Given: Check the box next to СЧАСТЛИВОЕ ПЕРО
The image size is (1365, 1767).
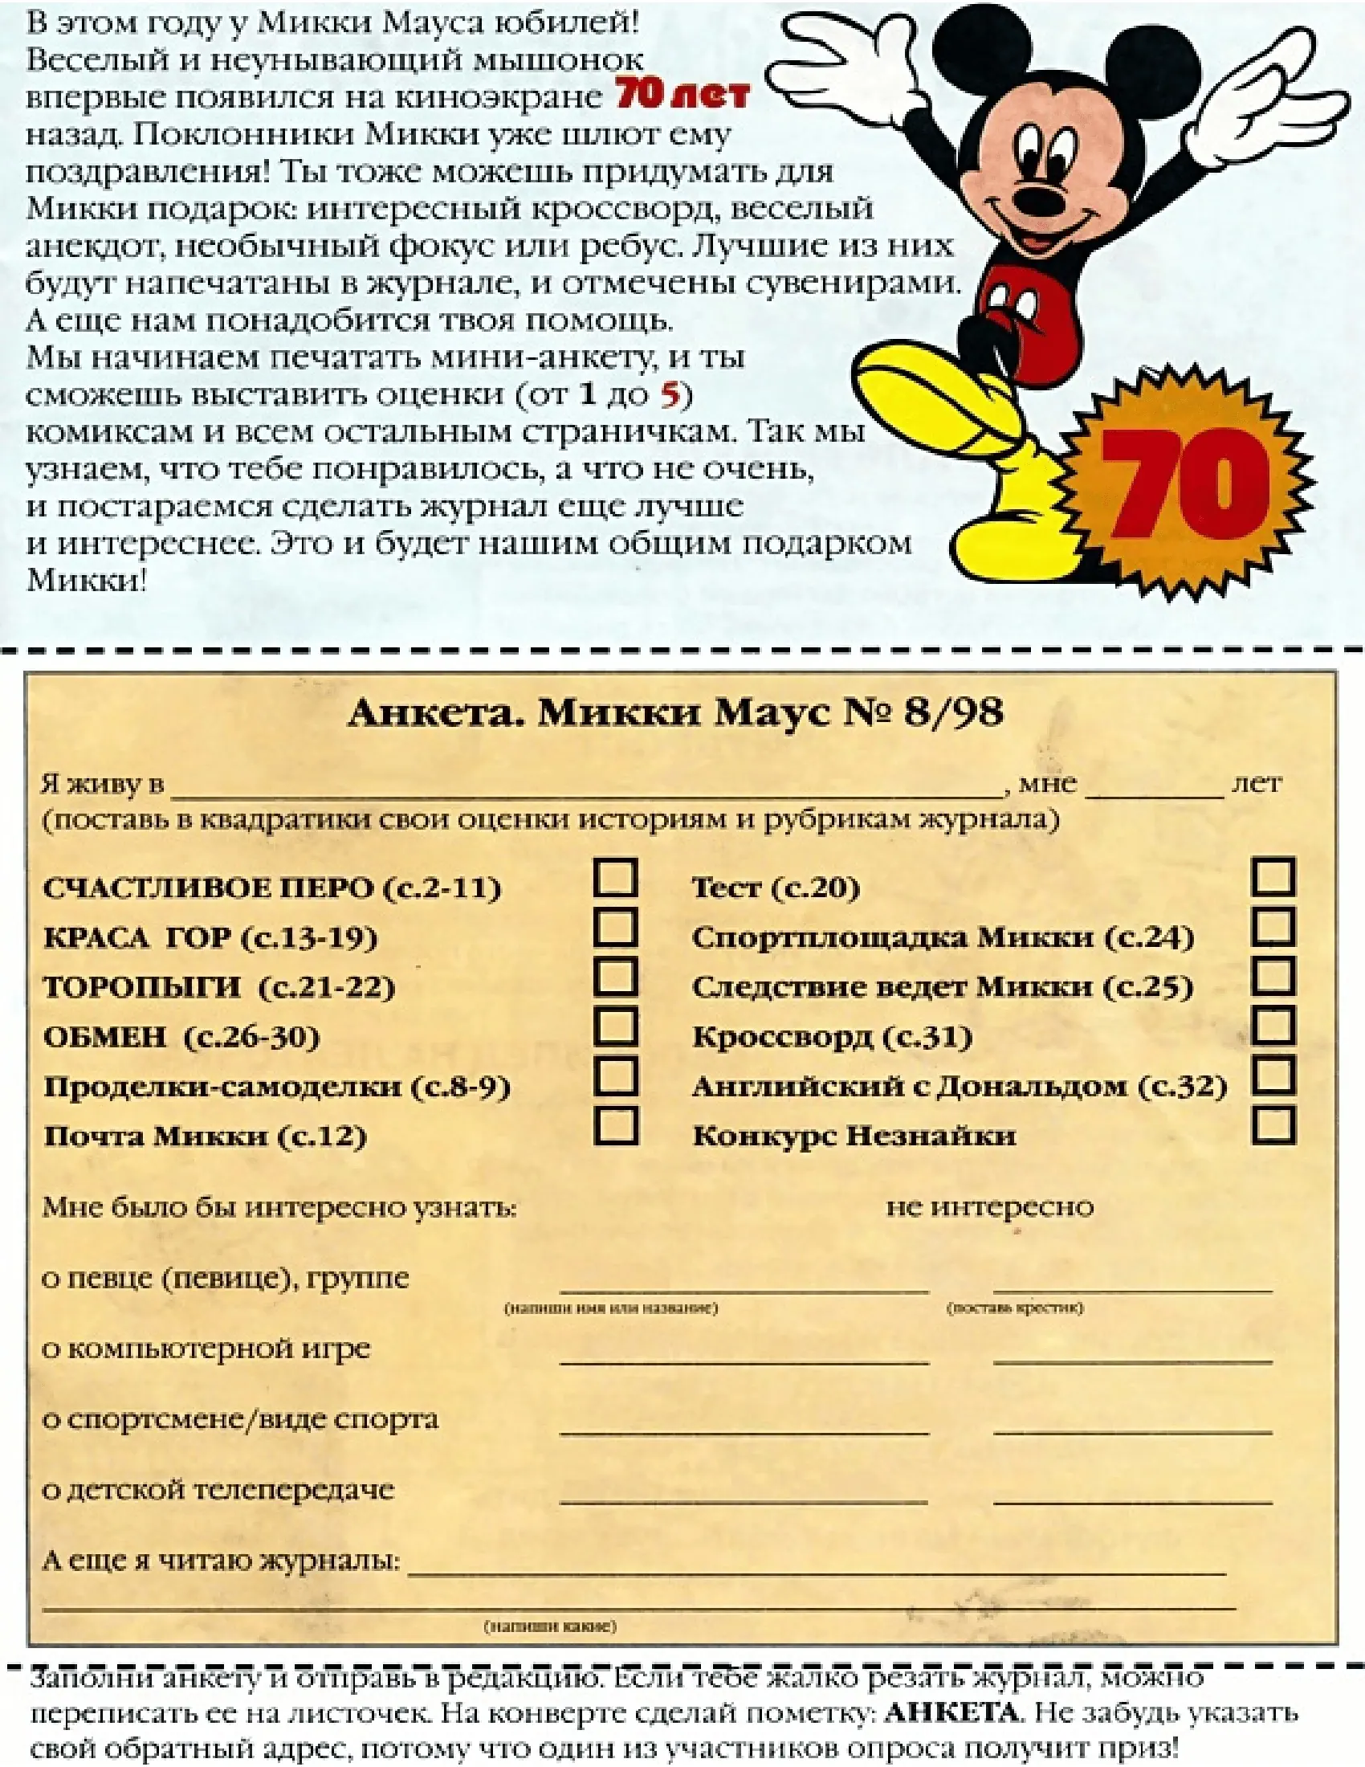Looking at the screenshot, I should pos(615,878).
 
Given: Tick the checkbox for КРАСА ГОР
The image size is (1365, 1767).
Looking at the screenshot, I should pos(615,927).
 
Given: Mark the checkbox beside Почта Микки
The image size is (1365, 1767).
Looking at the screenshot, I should pos(615,1125).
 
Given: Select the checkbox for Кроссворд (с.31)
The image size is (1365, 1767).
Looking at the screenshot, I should pos(1273,1026).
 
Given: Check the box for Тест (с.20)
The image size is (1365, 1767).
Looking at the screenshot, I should pos(1273,878).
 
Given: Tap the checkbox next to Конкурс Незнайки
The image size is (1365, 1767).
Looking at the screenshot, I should pos(1273,1125).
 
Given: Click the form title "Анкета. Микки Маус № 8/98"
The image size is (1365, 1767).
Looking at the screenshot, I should pos(675,712).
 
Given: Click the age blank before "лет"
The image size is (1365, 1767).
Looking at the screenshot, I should pos(1154,786).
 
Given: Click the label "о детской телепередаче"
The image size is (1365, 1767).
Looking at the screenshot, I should pos(218,1489).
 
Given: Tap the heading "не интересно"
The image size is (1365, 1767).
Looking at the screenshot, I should pos(989,1207).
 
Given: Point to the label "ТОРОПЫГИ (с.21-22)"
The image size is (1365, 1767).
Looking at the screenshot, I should pos(219,988).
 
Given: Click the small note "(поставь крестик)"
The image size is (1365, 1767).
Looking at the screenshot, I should pos(1014,1308).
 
